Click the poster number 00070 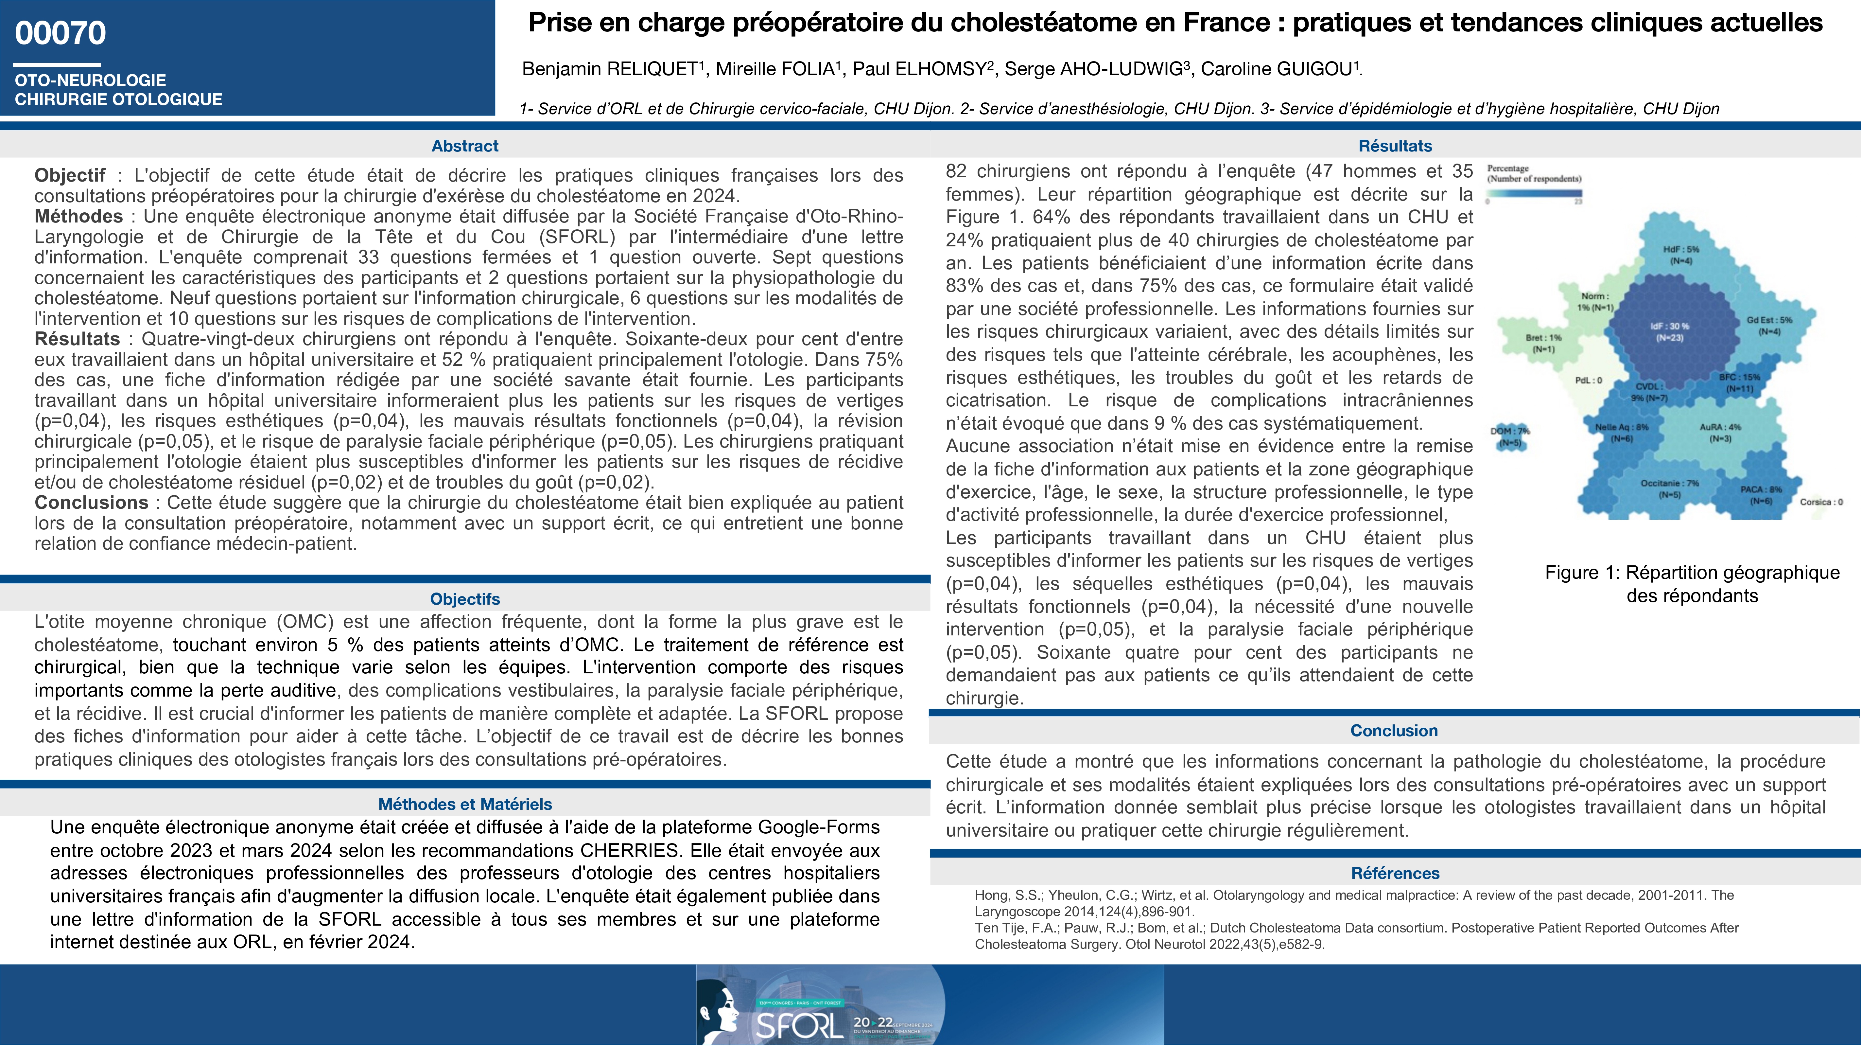61,33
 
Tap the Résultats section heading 1395,146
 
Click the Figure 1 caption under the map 1692,584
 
